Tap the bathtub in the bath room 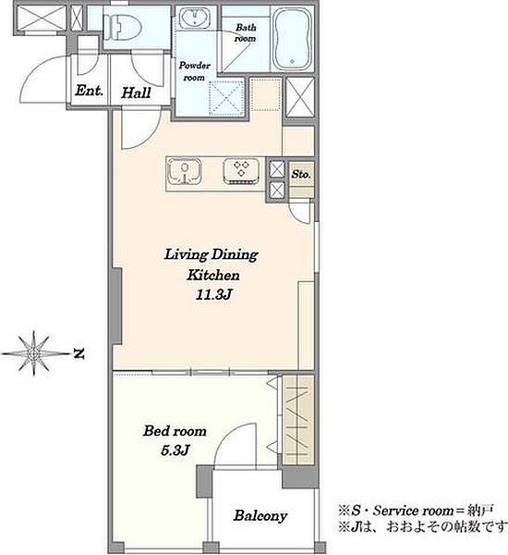pos(293,39)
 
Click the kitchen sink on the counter pos(184,172)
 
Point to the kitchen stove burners pos(241,171)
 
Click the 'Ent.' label pos(89,91)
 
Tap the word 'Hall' pos(136,92)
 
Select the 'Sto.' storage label pos(301,174)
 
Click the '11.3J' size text pos(213,294)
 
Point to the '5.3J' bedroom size pos(175,450)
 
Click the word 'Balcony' pos(260,516)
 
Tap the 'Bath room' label pos(246,32)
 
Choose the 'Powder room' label pos(195,71)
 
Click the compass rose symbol pos(33,353)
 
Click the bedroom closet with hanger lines pos(298,420)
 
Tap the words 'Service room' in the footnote pos(414,511)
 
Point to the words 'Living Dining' pos(212,255)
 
